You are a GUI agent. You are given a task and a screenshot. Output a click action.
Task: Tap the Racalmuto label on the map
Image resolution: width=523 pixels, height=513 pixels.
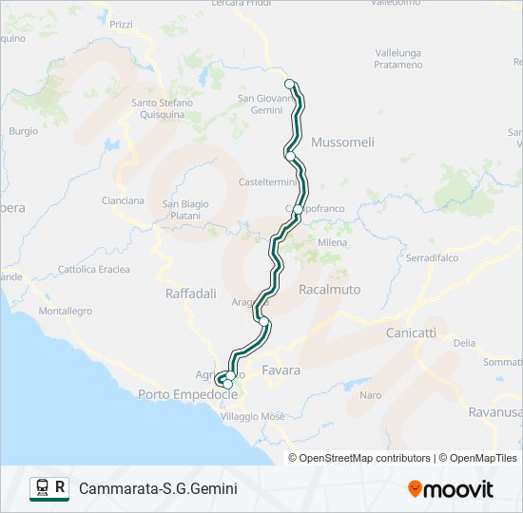click(x=329, y=288)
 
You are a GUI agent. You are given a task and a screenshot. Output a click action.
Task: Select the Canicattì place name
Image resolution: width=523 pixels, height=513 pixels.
click(x=411, y=333)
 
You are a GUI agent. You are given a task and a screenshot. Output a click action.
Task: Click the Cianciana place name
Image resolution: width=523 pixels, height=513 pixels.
click(x=123, y=200)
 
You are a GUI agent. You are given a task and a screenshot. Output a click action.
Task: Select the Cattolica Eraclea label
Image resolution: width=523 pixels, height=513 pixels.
click(x=94, y=270)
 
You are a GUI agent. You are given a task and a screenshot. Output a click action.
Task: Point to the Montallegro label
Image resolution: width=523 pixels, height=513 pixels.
click(x=65, y=311)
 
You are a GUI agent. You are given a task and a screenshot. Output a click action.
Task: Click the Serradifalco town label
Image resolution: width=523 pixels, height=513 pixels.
click(x=433, y=257)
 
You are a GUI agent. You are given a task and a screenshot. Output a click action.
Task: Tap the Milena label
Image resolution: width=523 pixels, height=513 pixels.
click(x=332, y=243)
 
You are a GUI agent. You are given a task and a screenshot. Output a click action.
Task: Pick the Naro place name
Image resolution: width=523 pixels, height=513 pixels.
click(x=370, y=394)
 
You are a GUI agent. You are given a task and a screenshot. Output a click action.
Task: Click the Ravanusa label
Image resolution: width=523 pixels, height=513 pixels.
click(x=494, y=412)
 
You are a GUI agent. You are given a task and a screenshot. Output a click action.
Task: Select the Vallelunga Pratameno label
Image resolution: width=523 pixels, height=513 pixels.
click(x=398, y=59)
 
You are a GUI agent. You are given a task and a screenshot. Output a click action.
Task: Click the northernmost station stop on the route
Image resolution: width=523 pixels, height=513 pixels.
click(x=290, y=84)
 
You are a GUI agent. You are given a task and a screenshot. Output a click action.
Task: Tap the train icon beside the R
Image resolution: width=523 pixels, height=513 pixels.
click(x=42, y=488)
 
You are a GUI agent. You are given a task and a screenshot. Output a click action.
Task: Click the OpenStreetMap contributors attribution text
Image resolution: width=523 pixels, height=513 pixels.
click(x=365, y=458)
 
